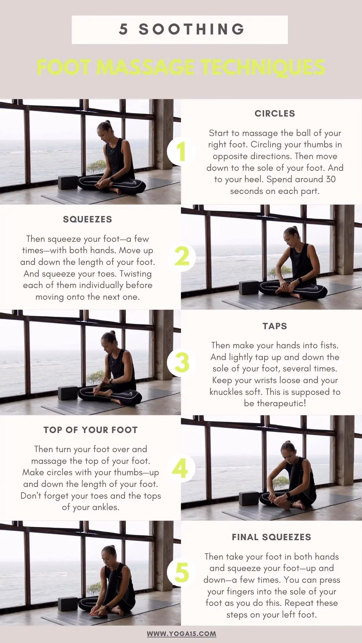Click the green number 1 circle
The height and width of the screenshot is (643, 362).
181,151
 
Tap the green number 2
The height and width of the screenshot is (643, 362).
182,257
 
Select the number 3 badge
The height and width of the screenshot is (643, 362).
182,363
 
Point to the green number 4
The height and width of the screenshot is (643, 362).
181,469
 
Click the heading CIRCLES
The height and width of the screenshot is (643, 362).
275,114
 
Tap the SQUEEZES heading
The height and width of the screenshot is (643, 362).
87,219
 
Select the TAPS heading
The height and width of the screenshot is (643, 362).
275,326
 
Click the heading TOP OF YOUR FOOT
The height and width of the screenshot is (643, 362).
90,430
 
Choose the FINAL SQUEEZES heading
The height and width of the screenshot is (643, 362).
271,537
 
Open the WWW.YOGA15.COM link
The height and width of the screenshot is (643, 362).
181,634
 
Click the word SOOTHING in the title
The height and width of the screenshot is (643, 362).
192,29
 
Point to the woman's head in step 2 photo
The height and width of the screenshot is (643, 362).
290,236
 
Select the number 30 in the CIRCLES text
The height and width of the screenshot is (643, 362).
330,179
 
